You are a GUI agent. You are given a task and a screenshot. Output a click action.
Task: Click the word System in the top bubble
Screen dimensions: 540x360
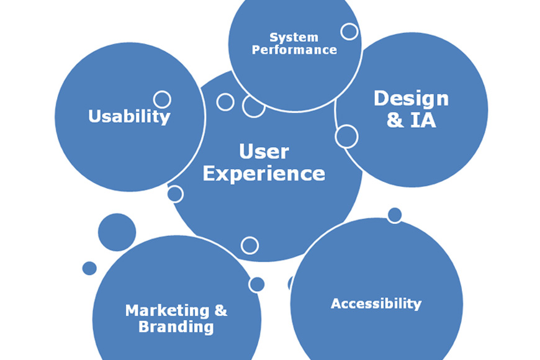click(x=294, y=37)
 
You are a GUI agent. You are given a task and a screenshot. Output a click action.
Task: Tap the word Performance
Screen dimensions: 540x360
click(x=294, y=50)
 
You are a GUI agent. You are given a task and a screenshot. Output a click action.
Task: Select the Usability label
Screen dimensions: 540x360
click(x=129, y=116)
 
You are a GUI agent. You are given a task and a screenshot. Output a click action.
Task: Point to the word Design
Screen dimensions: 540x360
click(x=411, y=99)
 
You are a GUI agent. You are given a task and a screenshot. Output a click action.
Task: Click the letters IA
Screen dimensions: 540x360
click(x=423, y=120)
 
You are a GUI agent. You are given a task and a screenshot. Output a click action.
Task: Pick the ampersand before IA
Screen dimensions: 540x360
click(x=395, y=120)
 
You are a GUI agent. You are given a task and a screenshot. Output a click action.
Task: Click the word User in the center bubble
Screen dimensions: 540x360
click(x=264, y=151)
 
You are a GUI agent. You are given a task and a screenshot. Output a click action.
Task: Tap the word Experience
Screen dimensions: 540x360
click(x=264, y=173)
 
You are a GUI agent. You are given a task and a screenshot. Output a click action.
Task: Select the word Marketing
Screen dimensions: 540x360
click(x=167, y=310)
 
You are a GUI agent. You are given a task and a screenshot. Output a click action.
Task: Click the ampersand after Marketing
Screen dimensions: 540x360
click(x=221, y=310)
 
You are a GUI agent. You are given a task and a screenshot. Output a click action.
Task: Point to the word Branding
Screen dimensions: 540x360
click(x=176, y=326)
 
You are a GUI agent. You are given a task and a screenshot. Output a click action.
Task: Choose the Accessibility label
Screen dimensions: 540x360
click(x=376, y=304)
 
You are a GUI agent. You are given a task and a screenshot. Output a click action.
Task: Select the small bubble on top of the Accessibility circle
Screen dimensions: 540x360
click(x=395, y=215)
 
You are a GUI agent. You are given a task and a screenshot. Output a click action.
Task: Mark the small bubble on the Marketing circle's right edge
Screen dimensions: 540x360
click(x=256, y=284)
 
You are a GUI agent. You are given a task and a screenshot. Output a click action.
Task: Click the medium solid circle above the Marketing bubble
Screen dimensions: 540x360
click(x=117, y=232)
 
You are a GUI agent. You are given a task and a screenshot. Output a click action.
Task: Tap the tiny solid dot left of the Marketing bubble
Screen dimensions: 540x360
click(x=89, y=268)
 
